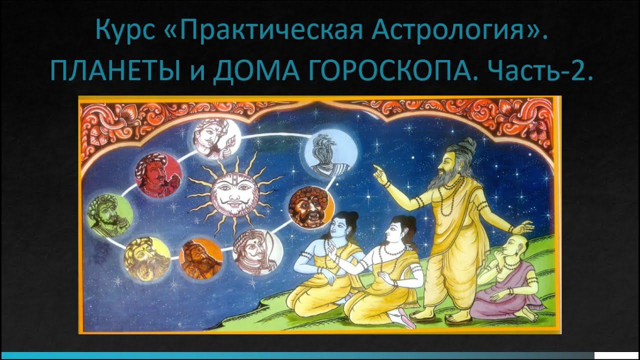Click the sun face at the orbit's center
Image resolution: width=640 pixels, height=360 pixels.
click(x=231, y=194)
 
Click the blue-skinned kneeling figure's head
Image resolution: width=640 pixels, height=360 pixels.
click(x=344, y=224)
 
